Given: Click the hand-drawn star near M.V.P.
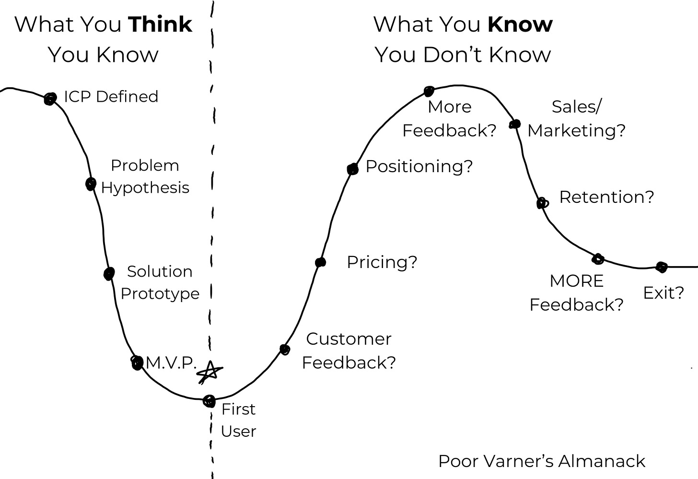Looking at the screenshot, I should click(210, 373).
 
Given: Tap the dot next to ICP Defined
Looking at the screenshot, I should click(50, 99).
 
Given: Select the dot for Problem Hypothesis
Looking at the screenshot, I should click(91, 184).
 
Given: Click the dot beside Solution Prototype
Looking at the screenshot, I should click(109, 274).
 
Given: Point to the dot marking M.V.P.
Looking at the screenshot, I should click(137, 362).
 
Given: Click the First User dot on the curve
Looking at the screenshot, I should click(209, 401).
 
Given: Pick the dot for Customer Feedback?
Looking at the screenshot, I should click(285, 350).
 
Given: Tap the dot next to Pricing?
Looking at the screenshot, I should click(321, 262).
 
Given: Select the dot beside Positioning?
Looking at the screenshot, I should click(353, 169).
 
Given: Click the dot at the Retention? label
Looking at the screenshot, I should click(542, 203).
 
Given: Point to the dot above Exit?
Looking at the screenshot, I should click(662, 267).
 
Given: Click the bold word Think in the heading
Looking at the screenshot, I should click(161, 24).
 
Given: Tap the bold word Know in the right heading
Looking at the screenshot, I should click(520, 24).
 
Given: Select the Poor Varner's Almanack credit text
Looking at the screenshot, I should click(542, 461).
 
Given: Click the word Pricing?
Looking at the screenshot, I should click(382, 262).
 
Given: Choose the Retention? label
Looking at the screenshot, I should click(606, 197).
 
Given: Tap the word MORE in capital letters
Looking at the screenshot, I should click(576, 281).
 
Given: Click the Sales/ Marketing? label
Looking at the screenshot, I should click(576, 118).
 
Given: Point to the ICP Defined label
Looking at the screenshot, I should click(111, 97).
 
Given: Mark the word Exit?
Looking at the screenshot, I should click(663, 292).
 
